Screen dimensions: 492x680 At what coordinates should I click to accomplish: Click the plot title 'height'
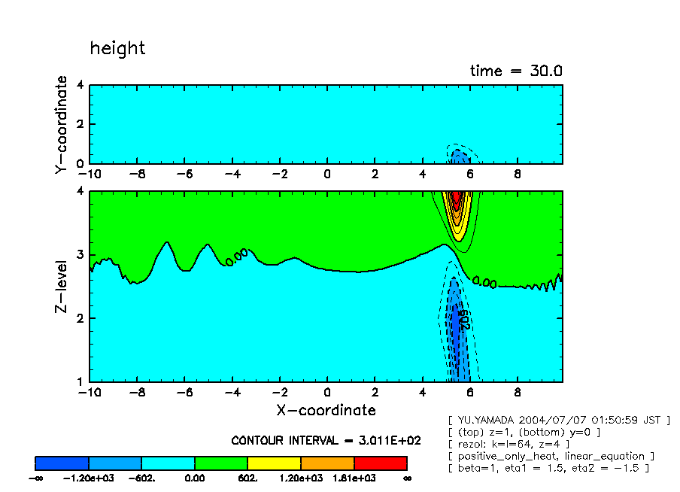117,48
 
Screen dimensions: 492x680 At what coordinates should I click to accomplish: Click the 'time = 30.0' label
516,71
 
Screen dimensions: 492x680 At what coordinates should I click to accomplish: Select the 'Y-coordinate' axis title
62,125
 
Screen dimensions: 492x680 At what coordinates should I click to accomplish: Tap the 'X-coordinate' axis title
326,410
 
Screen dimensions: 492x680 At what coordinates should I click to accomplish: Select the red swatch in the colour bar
381,463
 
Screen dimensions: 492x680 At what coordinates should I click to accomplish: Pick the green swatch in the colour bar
221,463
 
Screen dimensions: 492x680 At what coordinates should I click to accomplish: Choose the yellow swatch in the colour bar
274,463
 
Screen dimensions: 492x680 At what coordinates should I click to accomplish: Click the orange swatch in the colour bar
327,463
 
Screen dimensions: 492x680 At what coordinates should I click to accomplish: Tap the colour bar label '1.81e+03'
354,478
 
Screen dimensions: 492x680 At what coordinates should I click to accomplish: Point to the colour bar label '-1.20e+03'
89,478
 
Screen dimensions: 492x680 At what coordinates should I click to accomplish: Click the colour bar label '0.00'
195,478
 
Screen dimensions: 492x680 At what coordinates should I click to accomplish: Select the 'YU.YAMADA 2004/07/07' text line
558,420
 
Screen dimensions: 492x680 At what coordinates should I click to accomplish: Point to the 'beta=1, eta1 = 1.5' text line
548,468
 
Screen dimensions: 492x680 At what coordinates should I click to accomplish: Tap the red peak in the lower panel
455,201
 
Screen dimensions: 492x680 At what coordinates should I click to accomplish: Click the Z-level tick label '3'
80,254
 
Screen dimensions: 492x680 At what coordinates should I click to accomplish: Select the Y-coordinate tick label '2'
80,124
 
